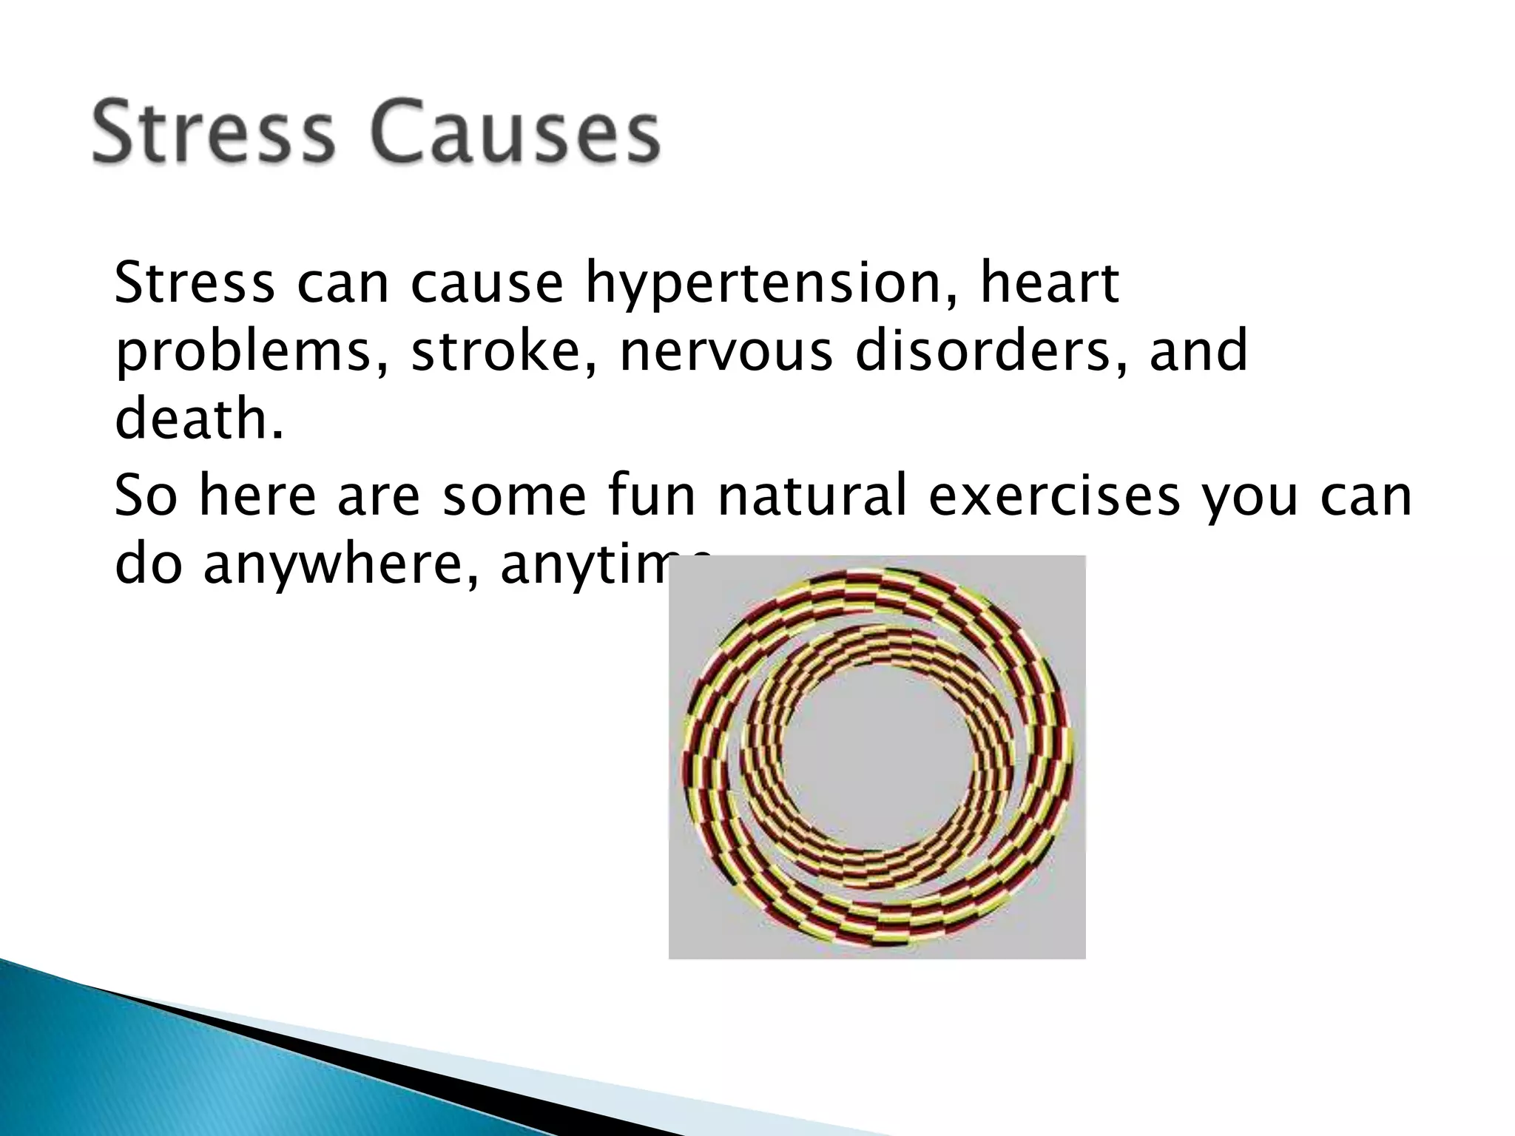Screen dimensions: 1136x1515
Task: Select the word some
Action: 514,496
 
